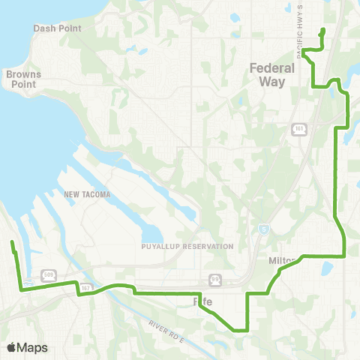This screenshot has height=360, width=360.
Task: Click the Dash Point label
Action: tap(52, 28)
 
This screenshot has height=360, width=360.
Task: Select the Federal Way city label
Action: tap(271, 75)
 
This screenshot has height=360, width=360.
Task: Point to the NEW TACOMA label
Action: tap(87, 195)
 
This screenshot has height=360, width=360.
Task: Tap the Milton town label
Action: tap(282, 260)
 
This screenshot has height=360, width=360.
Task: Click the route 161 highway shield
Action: tap(298, 130)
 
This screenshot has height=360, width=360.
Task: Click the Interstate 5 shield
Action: tap(262, 228)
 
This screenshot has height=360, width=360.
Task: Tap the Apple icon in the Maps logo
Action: tap(12, 347)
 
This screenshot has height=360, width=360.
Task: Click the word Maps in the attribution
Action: tap(34, 347)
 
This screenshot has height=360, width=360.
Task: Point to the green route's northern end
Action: tap(322, 30)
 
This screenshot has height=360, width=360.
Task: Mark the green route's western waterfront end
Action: tap(12, 242)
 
